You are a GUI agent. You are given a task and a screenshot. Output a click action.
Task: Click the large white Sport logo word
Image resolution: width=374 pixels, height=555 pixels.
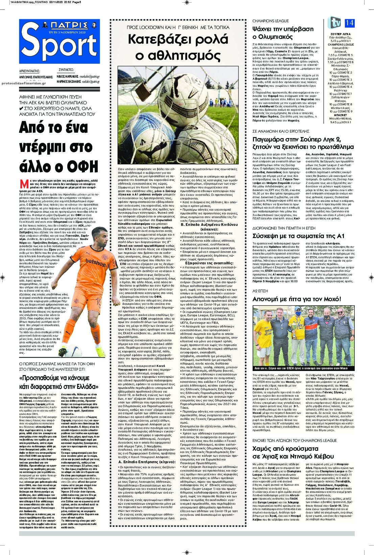click(x=60, y=46)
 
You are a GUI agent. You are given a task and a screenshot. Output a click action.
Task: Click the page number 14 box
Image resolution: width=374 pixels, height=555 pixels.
click(x=349, y=23)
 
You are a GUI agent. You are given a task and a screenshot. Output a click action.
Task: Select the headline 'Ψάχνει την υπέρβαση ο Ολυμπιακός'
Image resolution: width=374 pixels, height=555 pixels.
click(x=283, y=33)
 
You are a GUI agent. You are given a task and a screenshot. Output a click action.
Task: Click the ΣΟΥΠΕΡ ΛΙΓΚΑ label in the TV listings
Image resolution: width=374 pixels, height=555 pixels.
click(x=341, y=34)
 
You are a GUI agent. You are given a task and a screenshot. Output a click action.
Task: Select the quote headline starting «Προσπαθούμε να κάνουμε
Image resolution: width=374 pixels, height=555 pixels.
click(x=59, y=382)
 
